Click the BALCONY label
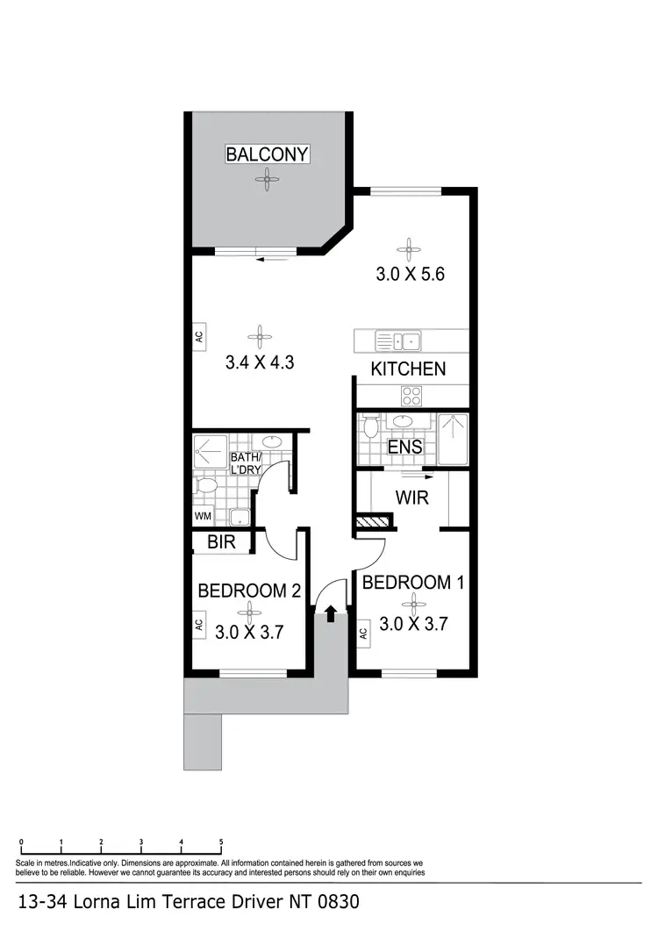point(267,154)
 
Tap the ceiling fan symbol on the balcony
point(265,180)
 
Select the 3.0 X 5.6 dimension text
point(411,273)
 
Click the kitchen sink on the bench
point(399,341)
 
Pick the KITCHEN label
point(408,369)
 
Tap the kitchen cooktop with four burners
point(411,393)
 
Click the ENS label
point(405,447)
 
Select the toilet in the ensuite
point(371,427)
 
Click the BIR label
point(221,543)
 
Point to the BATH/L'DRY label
point(247,464)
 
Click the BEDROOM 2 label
point(249,591)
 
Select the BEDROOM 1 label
point(413,583)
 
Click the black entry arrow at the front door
point(331,612)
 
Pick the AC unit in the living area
point(199,335)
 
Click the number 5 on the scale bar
point(221,841)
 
